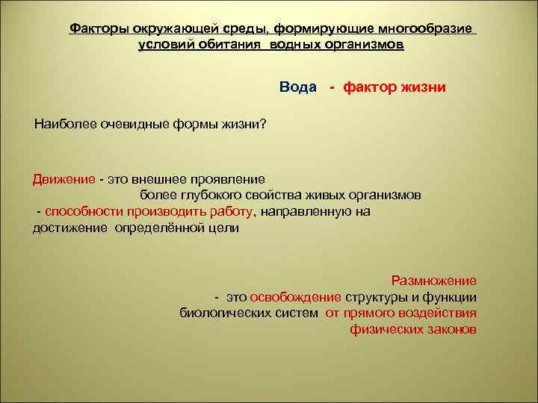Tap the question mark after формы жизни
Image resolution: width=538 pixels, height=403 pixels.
coord(262,123)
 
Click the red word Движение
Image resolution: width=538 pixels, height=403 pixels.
coord(64,179)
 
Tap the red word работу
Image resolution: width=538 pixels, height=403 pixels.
coord(233,212)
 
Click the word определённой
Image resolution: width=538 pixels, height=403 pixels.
coord(155,228)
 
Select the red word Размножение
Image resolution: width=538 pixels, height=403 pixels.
coord(433,281)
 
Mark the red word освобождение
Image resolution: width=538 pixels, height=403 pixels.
coord(297,297)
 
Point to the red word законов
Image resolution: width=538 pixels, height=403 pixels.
coord(451,330)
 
